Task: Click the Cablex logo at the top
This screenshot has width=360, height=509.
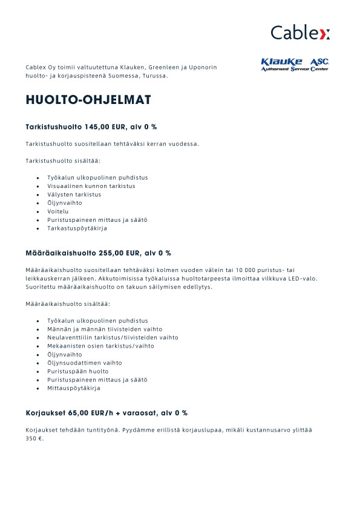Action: pos(300,32)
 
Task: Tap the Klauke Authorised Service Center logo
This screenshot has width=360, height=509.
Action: pos(294,65)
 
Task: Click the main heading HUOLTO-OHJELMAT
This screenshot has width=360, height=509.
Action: pos(88,100)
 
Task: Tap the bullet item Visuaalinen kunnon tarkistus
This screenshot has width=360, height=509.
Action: pos(91,186)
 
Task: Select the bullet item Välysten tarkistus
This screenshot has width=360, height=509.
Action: pos(74,195)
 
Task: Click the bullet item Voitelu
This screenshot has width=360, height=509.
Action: pos(58,212)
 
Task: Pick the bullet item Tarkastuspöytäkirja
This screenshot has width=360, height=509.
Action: pos(77,229)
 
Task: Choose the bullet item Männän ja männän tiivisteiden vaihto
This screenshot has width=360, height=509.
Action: pos(97,329)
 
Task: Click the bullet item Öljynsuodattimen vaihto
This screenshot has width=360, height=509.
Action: pos(84,363)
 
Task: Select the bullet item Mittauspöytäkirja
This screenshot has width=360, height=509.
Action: pos(73,388)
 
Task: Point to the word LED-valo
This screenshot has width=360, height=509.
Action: pos(301,278)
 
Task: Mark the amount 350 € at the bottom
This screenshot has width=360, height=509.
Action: pos(34,438)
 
